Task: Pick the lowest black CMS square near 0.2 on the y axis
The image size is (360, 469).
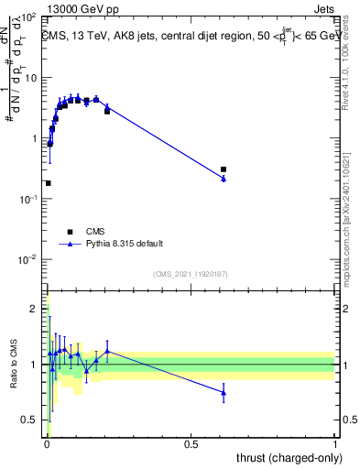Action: tap(48, 183)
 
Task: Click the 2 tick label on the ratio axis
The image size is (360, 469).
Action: tap(34, 309)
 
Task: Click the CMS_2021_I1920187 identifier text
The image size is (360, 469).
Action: tap(190, 274)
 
